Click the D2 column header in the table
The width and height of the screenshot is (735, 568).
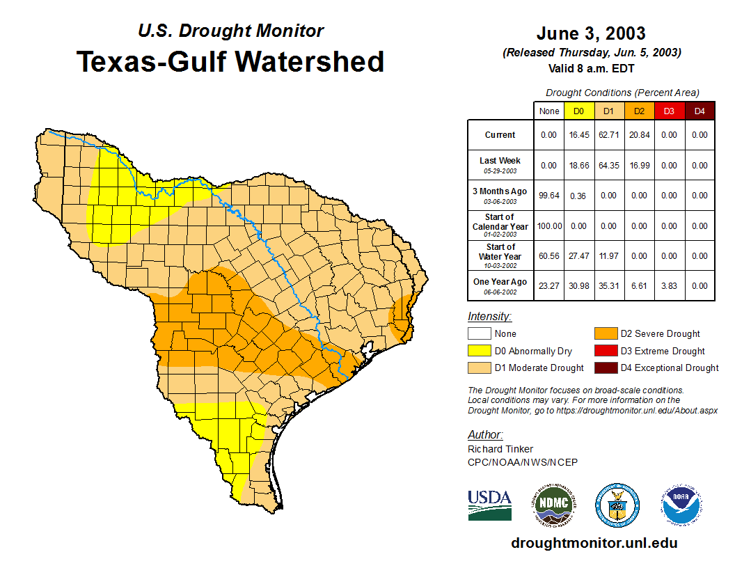click(x=640, y=111)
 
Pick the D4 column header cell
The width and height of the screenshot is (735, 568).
click(x=700, y=111)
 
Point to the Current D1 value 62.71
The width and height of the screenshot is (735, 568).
click(x=609, y=135)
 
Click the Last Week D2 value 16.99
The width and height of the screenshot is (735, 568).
click(x=640, y=166)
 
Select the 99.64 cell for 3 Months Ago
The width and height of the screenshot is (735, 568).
click(x=549, y=196)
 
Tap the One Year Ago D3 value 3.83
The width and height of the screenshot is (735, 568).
click(x=670, y=285)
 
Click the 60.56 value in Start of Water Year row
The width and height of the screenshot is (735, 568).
click(x=549, y=256)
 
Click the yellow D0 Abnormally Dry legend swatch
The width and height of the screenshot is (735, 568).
click(x=479, y=351)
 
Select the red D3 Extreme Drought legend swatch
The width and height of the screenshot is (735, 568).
click(x=605, y=351)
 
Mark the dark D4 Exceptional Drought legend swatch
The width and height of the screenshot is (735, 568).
click(x=605, y=368)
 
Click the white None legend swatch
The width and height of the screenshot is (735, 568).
click(x=479, y=334)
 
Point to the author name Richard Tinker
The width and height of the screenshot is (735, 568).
click(x=500, y=449)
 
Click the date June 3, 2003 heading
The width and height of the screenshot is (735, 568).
click(x=591, y=33)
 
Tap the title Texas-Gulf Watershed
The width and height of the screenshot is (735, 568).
click(x=230, y=61)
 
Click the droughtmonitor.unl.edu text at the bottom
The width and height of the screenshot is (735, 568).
click(x=594, y=543)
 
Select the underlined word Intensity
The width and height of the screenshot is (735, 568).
click(x=489, y=317)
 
